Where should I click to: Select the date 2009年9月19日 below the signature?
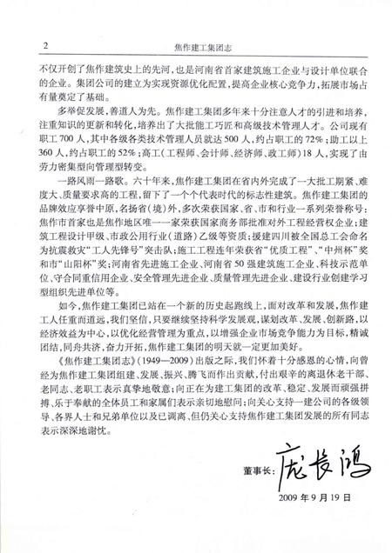click(x=314, y=513)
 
